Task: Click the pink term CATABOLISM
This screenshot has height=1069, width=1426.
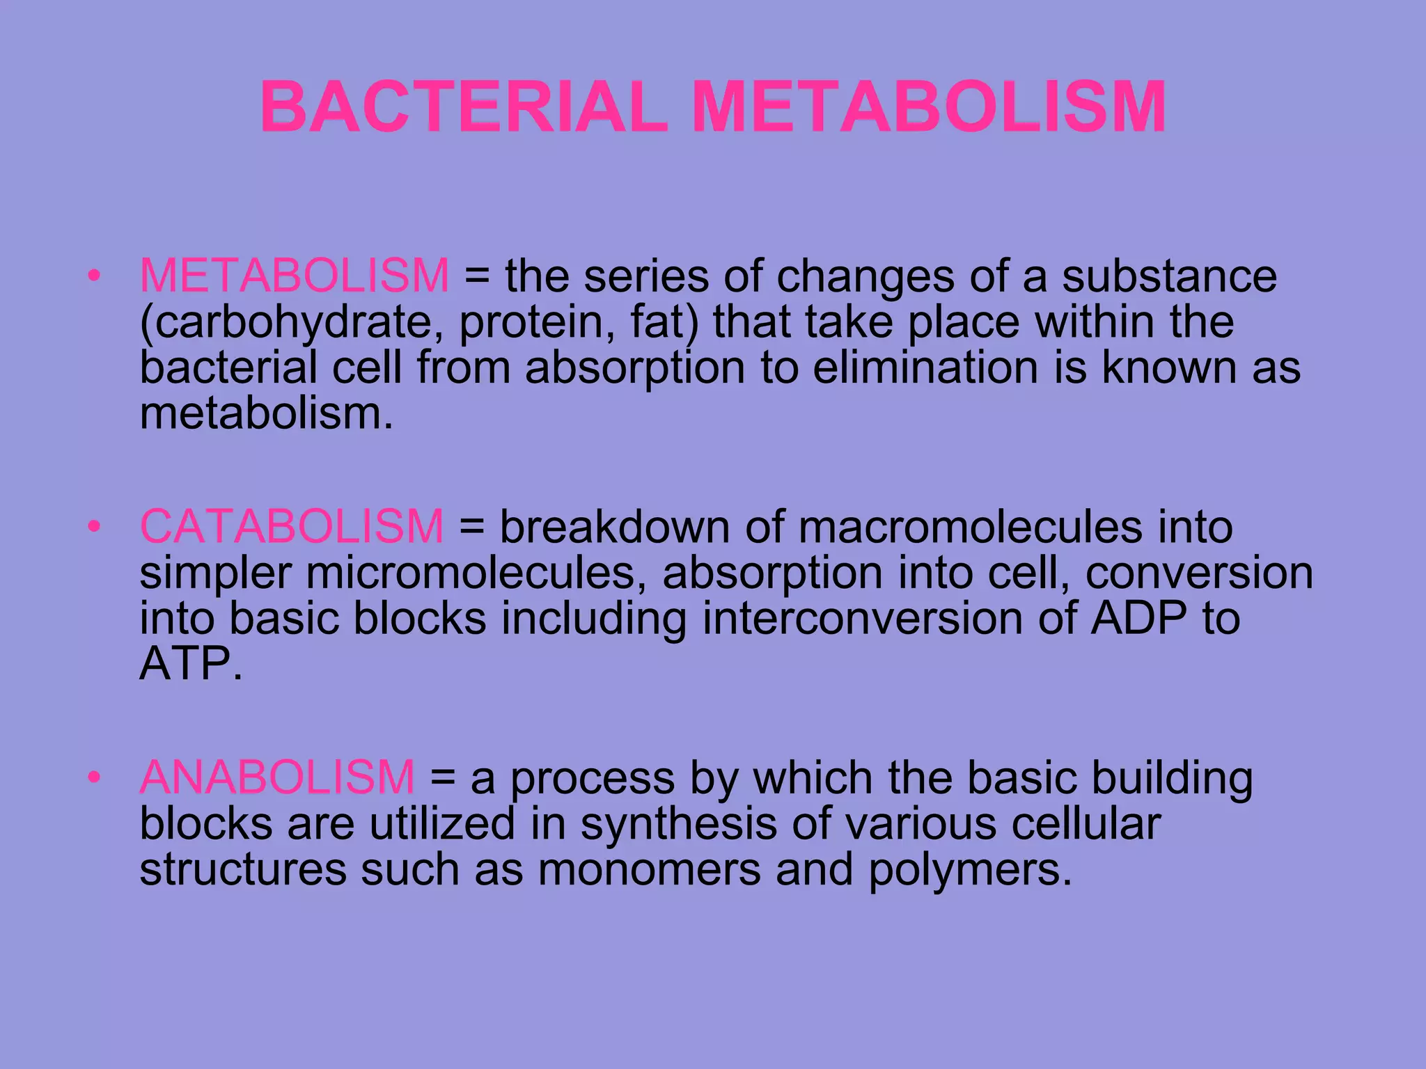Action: pyautogui.click(x=292, y=526)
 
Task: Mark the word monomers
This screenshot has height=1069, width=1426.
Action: pyautogui.click(x=650, y=869)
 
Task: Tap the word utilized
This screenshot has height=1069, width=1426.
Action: pyautogui.click(x=442, y=823)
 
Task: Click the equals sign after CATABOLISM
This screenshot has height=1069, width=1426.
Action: pyautogui.click(x=471, y=526)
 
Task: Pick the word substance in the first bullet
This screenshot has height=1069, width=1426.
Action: pyautogui.click(x=1169, y=276)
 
